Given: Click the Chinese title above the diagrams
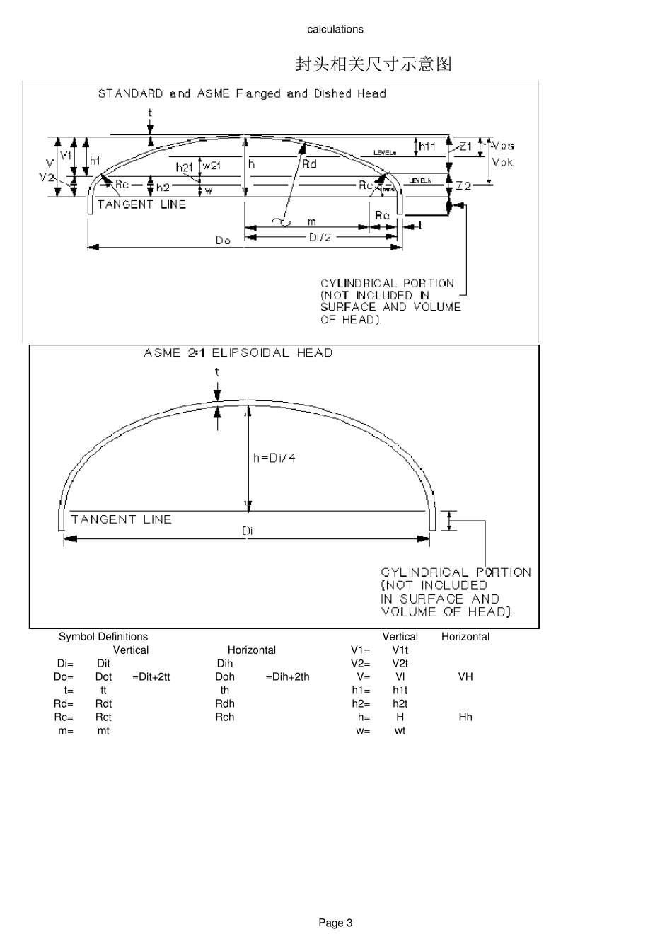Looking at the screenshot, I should (373, 64).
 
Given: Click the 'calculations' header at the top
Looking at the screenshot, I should (335, 29).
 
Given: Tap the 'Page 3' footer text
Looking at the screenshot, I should (335, 923).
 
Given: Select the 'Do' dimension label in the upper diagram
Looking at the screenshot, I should (223, 241).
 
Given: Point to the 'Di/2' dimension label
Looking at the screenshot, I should (320, 237).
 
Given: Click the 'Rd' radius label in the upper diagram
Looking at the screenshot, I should (309, 164).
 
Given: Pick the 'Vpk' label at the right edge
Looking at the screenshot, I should (502, 162).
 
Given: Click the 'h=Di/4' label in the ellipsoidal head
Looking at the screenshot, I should (274, 458).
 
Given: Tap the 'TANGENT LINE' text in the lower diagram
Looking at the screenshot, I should (121, 519).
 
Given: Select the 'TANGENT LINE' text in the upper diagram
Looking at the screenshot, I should (141, 204).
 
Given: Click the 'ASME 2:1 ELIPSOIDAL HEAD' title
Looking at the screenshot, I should (238, 352).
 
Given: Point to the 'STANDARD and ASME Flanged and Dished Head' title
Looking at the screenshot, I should (242, 93).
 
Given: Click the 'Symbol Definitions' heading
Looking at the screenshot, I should (103, 637).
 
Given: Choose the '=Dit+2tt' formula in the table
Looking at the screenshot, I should (151, 677).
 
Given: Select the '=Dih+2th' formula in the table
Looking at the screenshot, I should (287, 677).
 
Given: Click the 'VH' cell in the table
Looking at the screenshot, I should (465, 677).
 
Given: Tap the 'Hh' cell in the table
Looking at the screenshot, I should (465, 717).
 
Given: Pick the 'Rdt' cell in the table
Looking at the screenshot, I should (103, 704).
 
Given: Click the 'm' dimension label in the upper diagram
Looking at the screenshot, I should (311, 222).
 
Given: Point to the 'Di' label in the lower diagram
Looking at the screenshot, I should (247, 530).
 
